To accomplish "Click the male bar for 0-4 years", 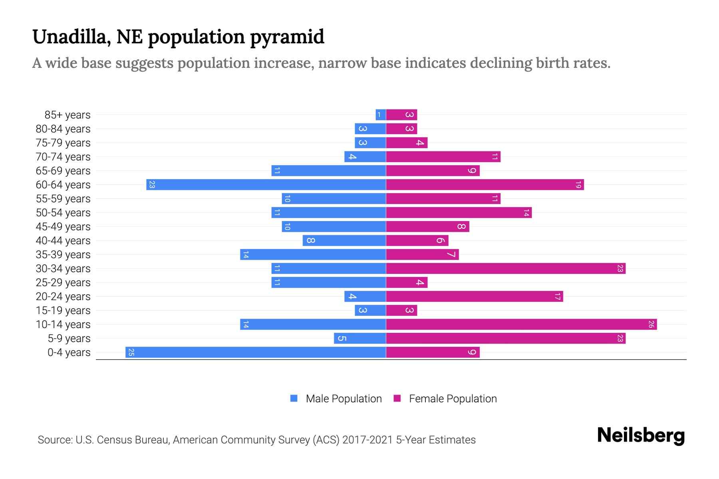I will pos(256,352).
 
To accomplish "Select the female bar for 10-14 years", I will pos(521,325).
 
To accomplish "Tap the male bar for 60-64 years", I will pos(266,185).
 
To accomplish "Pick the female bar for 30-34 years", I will pos(506,269).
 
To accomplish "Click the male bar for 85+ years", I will pos(381,115).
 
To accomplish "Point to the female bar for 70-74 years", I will pos(443,157).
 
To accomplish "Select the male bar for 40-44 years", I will pos(344,241).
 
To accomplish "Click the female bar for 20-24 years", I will pos(475,297).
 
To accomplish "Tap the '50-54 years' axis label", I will pos(63,213).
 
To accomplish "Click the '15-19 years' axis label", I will pos(63,311).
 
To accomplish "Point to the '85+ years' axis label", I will pos(68,115).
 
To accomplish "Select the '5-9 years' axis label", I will pos(69,338).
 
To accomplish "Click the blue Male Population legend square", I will pos(294,398).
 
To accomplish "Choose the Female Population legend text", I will pos(453,399).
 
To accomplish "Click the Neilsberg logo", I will pos(641,435).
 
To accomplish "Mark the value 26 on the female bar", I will pos(651,325).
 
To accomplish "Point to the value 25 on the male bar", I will pos(131,352).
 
